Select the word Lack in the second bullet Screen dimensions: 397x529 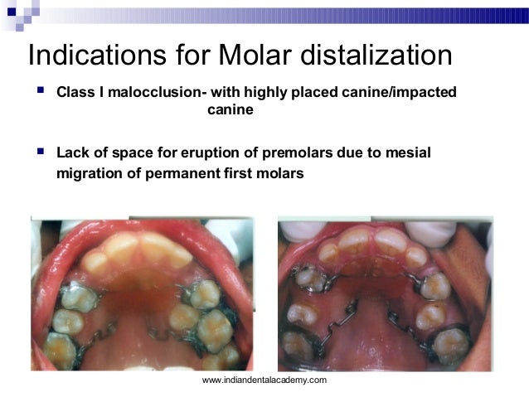72,153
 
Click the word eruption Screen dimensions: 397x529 211,153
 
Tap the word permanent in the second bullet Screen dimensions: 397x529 181,174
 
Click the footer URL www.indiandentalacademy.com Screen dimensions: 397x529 264,380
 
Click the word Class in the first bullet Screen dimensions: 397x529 75,90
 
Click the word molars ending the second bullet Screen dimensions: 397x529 279,174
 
